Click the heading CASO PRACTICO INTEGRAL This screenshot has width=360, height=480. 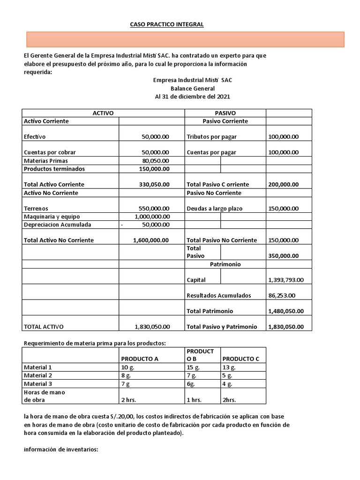point(166,24)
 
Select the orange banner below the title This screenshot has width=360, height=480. point(183,39)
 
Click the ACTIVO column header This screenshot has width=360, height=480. point(103,113)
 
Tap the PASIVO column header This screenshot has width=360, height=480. point(225,113)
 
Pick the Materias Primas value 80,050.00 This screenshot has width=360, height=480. point(155,161)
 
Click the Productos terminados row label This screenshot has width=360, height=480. point(54,169)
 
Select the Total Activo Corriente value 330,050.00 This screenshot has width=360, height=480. point(154,185)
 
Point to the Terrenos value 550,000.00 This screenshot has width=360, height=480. point(154,209)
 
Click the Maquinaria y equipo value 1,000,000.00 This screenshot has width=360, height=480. point(151,217)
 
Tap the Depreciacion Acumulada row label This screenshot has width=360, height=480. point(58,225)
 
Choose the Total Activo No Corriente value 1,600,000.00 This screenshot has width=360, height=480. point(151,240)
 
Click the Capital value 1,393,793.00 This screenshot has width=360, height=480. point(286,280)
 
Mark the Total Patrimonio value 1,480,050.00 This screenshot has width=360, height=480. point(286,311)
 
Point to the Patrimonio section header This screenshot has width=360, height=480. point(225,264)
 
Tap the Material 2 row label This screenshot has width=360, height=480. point(38,375)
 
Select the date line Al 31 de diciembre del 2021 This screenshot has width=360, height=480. point(192,97)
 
